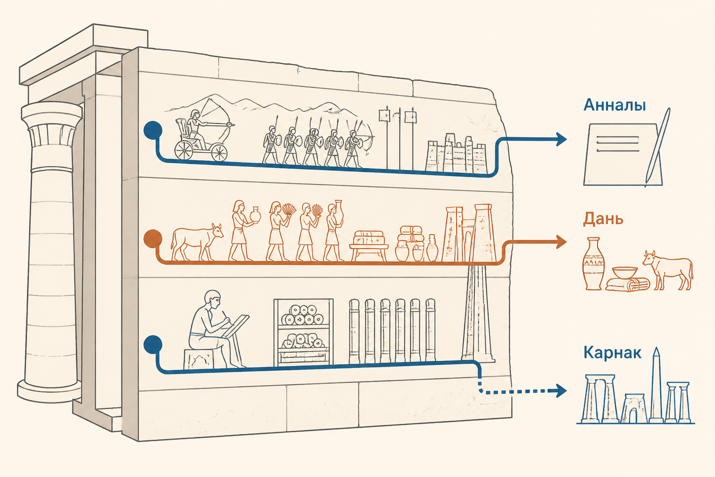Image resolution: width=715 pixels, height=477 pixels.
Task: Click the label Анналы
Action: pos(614,106)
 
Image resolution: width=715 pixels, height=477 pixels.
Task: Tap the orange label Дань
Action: pos(603,219)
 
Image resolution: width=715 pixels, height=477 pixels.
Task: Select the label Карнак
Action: pos(612,353)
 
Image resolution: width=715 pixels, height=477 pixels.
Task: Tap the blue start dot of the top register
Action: pos(153,130)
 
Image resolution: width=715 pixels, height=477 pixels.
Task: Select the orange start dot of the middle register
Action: pos(153,238)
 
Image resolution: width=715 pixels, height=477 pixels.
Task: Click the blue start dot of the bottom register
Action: pos(153,344)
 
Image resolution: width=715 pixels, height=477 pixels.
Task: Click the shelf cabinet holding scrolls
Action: pos(303,332)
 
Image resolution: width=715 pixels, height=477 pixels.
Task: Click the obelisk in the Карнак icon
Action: pos(656,385)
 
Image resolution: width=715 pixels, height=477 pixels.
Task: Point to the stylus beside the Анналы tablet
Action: pos(658,146)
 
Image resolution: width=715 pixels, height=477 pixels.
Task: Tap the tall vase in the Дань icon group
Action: pos(594,264)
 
